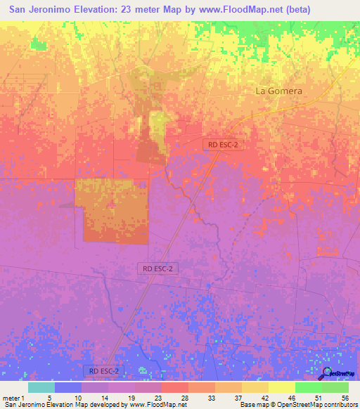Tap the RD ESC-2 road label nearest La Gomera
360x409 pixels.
(x=223, y=144)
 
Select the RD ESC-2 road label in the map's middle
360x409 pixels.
(x=157, y=268)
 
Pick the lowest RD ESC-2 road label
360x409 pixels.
(x=103, y=370)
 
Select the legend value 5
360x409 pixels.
(x=49, y=398)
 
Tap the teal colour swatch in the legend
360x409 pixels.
(x=41, y=387)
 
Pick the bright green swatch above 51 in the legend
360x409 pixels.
(x=308, y=387)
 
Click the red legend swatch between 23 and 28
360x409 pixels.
(x=174, y=387)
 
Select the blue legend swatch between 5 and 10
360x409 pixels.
(x=68, y=387)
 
